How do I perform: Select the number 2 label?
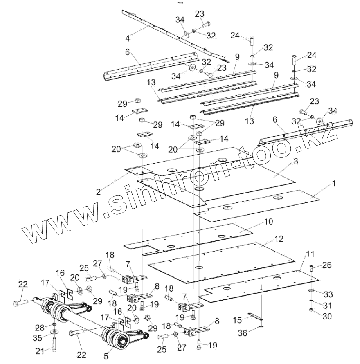click(98, 191)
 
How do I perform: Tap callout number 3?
click(295, 162)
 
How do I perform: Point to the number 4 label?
click(128, 39)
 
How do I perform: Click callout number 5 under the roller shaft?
click(106, 356)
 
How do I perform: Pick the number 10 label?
click(268, 222)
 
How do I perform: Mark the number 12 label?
click(279, 238)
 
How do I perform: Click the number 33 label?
click(328, 294)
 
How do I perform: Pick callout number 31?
click(328, 305)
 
